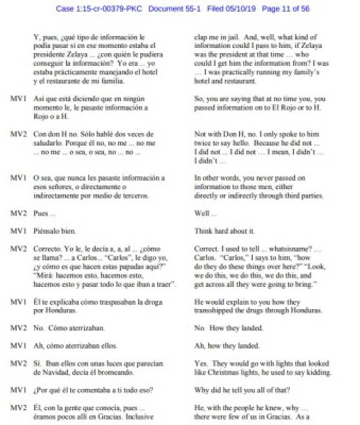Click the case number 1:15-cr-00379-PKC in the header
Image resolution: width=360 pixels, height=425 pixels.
point(99,9)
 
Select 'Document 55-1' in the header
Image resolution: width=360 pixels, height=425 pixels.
point(174,9)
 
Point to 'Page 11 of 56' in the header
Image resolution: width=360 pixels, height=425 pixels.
point(286,9)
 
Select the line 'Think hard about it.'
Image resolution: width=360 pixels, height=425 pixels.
point(224,231)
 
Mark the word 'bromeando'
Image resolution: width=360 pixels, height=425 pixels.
point(116,372)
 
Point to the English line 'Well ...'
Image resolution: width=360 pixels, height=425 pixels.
point(205,213)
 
